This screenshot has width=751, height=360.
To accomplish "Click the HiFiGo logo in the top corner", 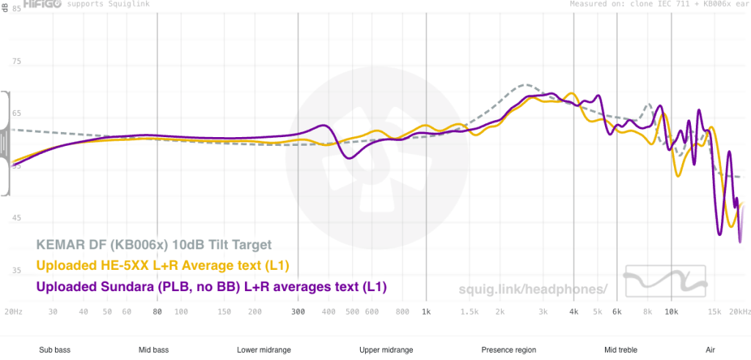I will [35, 4].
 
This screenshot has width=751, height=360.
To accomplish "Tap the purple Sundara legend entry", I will [211, 286].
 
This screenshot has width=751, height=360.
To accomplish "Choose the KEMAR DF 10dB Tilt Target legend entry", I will [154, 244].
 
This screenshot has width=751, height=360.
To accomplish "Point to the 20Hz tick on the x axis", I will [13, 312].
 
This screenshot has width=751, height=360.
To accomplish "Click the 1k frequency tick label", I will [425, 312].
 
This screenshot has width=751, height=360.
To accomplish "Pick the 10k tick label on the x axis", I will [670, 312].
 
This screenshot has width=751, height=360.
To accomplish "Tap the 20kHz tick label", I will [739, 312].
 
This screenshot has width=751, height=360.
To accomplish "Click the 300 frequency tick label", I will [298, 312].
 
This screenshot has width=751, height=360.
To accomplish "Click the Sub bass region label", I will [54, 350].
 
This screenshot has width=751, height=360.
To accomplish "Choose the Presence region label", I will [508, 350].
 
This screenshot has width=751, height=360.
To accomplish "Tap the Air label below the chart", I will [710, 350].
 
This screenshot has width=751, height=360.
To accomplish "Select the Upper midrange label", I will [386, 350].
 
